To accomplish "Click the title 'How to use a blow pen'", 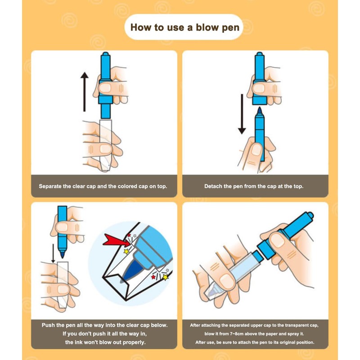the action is (185, 27).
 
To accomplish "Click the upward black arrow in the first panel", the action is (85, 92).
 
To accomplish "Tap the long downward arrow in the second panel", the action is (242, 114).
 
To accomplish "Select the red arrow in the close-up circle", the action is (114, 240).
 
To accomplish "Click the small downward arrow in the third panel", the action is (53, 253).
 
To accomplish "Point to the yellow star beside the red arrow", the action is (126, 251).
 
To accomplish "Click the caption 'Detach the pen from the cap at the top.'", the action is (254, 186).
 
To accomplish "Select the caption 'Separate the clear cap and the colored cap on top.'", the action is (103, 186).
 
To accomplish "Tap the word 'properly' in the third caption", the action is (134, 342).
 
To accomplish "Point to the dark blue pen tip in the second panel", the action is (260, 111).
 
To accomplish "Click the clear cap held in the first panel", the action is (106, 145).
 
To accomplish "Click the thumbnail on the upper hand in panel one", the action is (105, 87).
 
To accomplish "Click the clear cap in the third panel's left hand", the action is (63, 285).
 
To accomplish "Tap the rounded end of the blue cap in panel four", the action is (310, 216).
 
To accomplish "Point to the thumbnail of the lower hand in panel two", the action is (256, 149).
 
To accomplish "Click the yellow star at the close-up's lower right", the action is (165, 277).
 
